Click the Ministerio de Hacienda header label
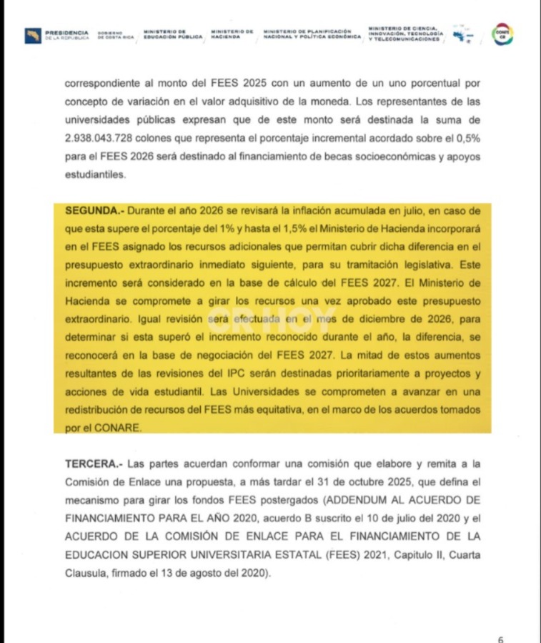pyautogui.click(x=232, y=34)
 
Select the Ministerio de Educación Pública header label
pyautogui.click(x=174, y=34)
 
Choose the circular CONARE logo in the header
pyautogui.click(x=503, y=33)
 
